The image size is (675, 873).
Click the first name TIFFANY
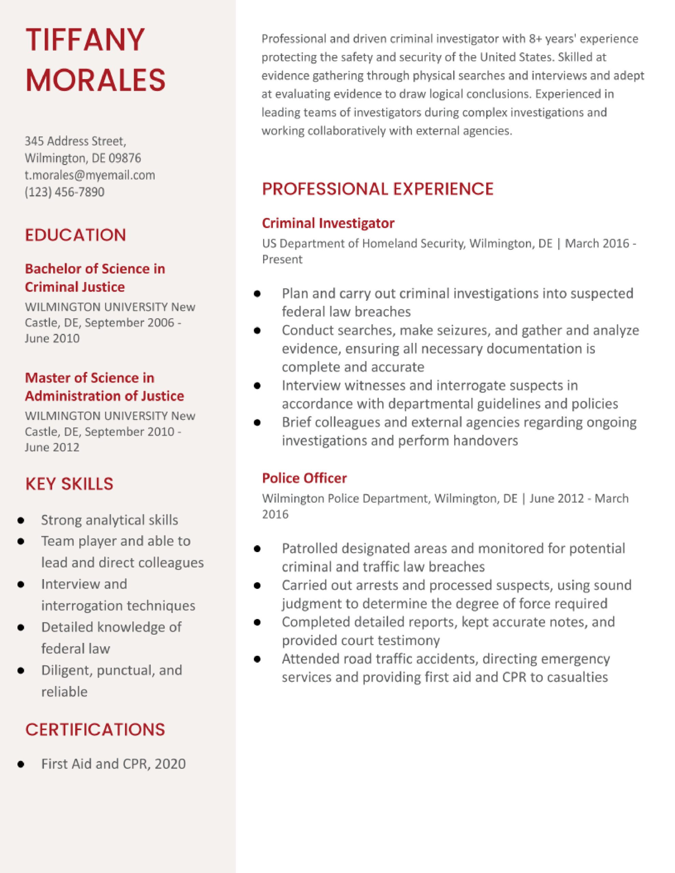coord(85,40)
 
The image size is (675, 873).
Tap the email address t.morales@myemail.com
coord(90,175)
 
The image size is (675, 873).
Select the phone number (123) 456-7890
coord(64,192)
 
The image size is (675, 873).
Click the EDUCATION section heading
coord(75,235)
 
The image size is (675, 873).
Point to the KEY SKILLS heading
coord(69,484)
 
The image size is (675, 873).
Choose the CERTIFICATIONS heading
coord(95,729)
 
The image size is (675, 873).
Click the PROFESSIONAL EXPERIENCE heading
coord(377,189)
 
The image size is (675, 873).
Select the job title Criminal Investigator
coord(328,223)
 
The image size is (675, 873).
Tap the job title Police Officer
coord(304,478)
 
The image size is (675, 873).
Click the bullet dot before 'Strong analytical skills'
coord(21,520)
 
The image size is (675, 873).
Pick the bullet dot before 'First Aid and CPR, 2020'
coord(21,764)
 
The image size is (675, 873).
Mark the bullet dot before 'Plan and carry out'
coord(257,294)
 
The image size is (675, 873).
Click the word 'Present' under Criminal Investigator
coord(282,260)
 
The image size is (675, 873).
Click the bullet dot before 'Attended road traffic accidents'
coord(257,659)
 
